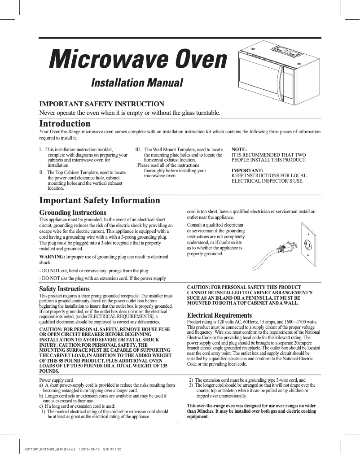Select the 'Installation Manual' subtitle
137,83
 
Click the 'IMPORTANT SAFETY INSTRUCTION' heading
102,104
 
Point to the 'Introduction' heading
65,123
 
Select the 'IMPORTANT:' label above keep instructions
247,170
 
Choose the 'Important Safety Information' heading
100,201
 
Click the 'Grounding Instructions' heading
73,212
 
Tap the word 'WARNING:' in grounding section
53,257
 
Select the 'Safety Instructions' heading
65,289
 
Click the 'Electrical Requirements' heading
220,315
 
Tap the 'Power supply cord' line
57,380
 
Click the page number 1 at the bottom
178,424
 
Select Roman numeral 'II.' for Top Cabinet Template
43,172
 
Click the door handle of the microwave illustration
281,78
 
